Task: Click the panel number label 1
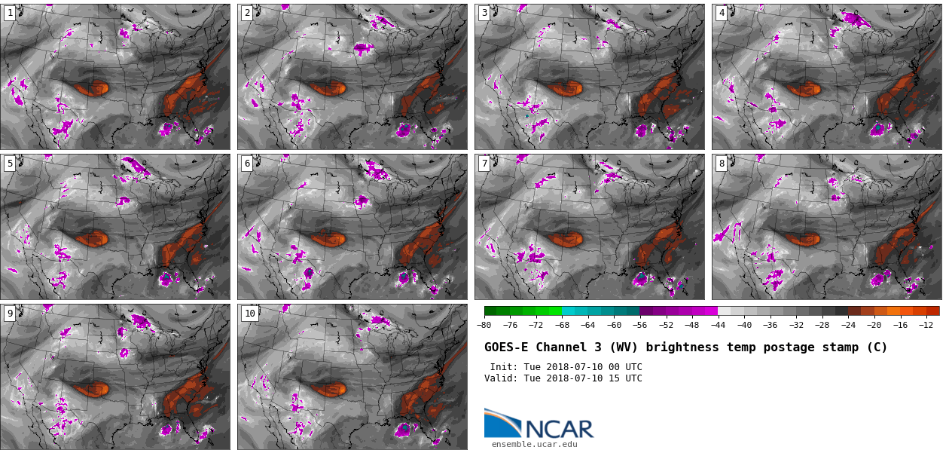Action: [10, 13]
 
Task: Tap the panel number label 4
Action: [722, 13]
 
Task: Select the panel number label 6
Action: [247, 164]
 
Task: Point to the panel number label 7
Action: [484, 164]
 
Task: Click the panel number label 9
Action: [10, 314]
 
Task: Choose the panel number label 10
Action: [249, 314]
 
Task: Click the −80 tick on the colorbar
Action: [484, 325]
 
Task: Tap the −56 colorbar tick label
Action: [640, 325]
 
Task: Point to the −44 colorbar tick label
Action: [718, 325]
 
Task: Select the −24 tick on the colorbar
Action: [848, 325]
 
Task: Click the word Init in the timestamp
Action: [503, 367]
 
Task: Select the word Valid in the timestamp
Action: [500, 378]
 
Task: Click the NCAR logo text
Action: [559, 429]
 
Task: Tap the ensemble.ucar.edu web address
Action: [534, 445]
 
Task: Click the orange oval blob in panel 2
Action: [329, 88]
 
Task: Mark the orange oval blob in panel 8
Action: [804, 239]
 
